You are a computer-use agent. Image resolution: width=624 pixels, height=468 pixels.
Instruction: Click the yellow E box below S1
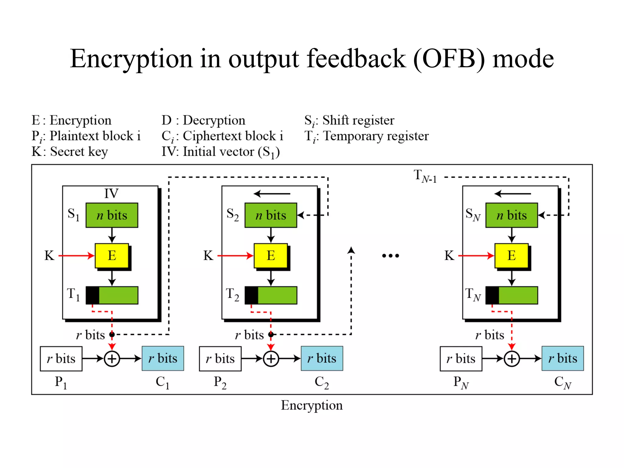click(x=112, y=255)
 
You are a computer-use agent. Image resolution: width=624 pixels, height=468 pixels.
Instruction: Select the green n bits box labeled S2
click(x=271, y=215)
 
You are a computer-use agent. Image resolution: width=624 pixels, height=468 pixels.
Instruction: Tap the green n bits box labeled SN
click(x=512, y=215)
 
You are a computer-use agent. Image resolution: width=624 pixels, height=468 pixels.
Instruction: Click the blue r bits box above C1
click(x=163, y=358)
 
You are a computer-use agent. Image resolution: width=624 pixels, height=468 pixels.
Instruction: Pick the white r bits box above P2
click(x=220, y=359)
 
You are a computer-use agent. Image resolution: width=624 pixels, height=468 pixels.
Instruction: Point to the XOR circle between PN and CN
click(x=512, y=359)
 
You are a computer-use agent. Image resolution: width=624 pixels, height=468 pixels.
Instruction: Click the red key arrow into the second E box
click(x=235, y=256)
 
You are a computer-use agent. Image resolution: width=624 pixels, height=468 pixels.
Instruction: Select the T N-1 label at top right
click(x=425, y=176)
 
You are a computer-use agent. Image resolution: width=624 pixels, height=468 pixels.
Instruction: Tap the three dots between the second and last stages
click(x=390, y=256)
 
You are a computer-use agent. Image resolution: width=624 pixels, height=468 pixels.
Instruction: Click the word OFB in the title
click(x=449, y=58)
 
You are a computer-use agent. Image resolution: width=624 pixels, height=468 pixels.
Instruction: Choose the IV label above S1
click(x=111, y=193)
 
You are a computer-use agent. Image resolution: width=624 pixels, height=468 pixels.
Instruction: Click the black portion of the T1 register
click(x=92, y=295)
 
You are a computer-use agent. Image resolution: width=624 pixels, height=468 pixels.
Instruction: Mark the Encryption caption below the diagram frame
click(x=312, y=405)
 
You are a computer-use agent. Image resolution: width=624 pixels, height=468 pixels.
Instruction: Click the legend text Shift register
click(x=358, y=120)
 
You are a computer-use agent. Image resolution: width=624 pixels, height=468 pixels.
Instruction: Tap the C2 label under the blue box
click(x=322, y=382)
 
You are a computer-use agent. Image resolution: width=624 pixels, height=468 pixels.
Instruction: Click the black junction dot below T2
click(x=271, y=335)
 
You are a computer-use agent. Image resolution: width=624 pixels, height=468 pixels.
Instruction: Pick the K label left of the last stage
click(x=449, y=256)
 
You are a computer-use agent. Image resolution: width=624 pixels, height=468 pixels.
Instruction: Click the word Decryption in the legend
click(x=214, y=120)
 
